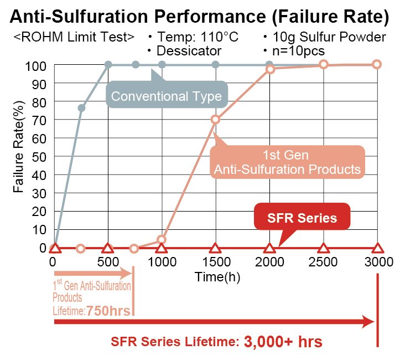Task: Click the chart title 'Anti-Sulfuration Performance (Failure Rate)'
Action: tap(200, 15)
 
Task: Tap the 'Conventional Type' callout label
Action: tap(166, 96)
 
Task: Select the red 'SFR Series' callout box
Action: tap(302, 218)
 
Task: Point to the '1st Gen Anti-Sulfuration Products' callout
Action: tap(287, 161)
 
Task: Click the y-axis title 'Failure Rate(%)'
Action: tap(19, 147)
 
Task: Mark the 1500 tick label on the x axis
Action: tap(216, 263)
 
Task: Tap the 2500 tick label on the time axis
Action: tap(324, 263)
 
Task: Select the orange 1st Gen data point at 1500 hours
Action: tap(216, 120)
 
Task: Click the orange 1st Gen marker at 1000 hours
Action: tap(162, 240)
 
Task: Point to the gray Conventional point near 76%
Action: tap(81, 108)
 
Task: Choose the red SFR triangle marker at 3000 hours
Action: tap(377, 248)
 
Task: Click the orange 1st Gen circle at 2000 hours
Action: tap(270, 69)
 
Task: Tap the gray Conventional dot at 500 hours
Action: tap(108, 65)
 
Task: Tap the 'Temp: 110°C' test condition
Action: tap(193, 38)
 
